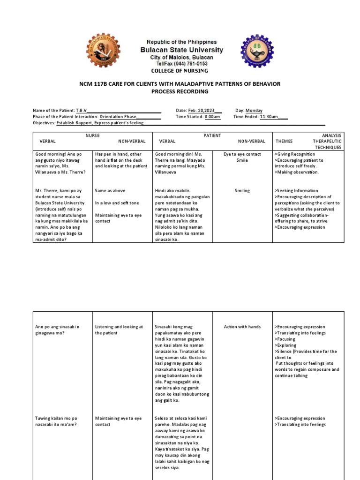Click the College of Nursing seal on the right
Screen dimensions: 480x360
(256, 51)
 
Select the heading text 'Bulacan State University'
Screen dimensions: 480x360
(180, 50)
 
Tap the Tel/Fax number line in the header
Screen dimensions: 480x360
(180, 64)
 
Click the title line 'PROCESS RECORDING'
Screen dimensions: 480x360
(180, 91)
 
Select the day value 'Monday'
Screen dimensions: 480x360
(254, 111)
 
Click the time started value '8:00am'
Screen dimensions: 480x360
(212, 117)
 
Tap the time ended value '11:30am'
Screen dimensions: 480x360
(269, 117)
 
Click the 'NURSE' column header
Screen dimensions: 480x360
(92, 135)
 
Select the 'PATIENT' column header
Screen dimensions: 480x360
(212, 135)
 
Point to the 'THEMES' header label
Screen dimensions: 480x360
(284, 141)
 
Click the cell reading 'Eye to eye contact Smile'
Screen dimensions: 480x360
(242, 157)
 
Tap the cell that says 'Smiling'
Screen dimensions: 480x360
(242, 191)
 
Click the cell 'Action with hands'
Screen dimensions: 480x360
(242, 327)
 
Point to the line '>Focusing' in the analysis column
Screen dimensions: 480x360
(286, 339)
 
